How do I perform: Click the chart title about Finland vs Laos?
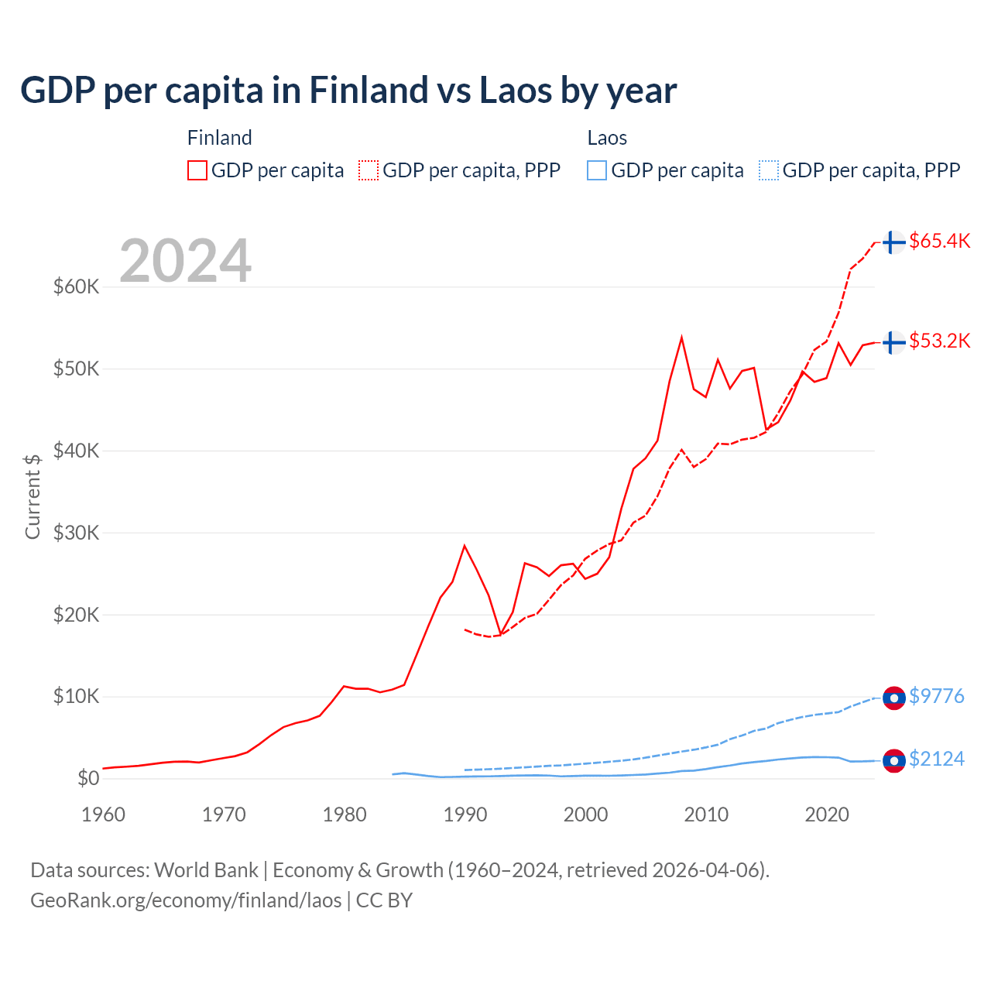point(348,91)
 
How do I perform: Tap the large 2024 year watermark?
point(185,261)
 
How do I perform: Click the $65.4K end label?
point(939,241)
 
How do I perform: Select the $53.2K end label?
point(939,341)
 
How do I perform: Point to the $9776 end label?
point(936,696)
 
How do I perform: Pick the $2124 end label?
point(936,759)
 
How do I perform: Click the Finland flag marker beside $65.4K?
point(893,242)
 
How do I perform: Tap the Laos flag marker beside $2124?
point(893,761)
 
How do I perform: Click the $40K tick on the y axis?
point(77,451)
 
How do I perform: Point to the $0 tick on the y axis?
point(88,778)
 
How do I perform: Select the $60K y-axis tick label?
point(77,287)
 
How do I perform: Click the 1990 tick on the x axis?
point(465,814)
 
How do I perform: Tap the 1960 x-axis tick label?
point(103,814)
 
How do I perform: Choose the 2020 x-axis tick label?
point(827,814)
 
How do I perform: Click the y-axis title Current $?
point(33,496)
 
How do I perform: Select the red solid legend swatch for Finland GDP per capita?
point(197,170)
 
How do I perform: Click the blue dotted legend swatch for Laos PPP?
point(769,170)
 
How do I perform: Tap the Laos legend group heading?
point(607,138)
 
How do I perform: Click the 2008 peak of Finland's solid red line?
point(681,338)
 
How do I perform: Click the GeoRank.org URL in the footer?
point(186,900)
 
